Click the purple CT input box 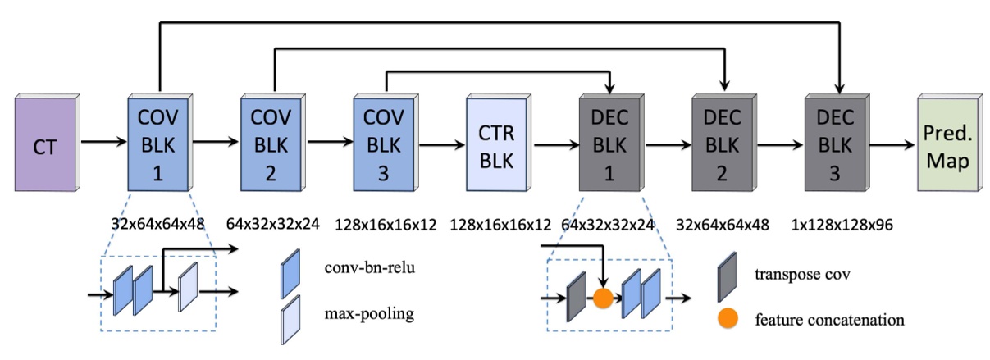pyautogui.click(x=44, y=145)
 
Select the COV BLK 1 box pyautogui.click(x=159, y=144)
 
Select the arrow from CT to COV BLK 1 pyautogui.click(x=103, y=145)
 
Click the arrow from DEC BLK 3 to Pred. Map pyautogui.click(x=891, y=145)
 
